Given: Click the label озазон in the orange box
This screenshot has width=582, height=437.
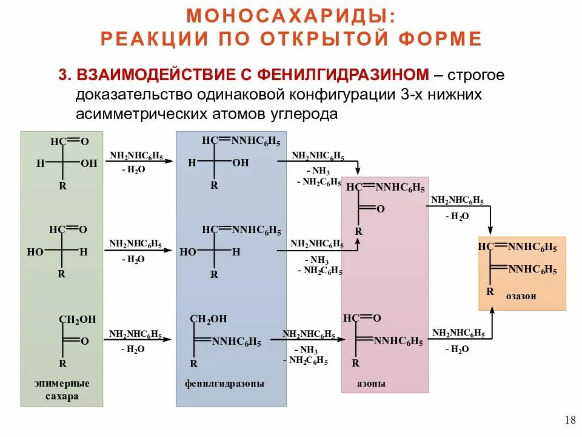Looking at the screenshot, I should (x=521, y=296).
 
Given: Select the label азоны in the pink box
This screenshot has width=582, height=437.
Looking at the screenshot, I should (x=371, y=384).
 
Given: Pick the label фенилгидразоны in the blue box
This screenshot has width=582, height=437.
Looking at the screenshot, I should (x=224, y=384).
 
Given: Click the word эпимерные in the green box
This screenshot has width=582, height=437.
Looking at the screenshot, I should (x=61, y=383).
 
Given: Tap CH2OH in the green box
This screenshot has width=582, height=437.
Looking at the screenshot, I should (x=77, y=319).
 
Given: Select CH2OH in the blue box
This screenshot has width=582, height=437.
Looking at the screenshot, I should (x=208, y=319).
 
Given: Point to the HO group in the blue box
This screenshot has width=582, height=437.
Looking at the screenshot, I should (x=188, y=252).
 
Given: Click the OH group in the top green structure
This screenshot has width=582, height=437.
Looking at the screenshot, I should (x=89, y=163).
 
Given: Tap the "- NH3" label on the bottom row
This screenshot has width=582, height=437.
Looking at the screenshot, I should (x=306, y=350).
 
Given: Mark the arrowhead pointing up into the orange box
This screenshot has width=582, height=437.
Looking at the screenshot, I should (x=492, y=307).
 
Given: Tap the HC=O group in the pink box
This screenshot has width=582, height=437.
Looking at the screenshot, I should (x=361, y=318).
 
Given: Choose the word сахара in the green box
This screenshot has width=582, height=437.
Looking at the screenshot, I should (x=62, y=396).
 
